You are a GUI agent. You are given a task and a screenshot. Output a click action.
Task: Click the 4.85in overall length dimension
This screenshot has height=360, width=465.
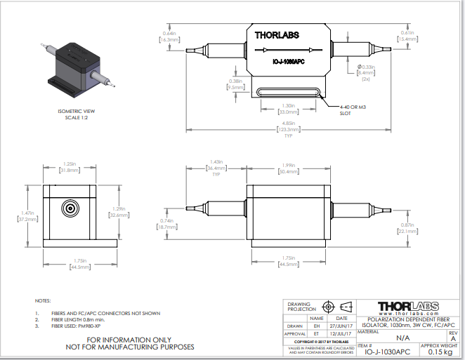click(288, 126)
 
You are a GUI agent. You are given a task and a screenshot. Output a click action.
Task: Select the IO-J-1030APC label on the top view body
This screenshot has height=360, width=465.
click(288, 62)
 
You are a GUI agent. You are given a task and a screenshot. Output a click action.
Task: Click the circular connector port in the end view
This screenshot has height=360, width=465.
click(70, 209)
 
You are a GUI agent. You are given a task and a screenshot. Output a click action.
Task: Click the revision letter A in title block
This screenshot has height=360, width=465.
click(452, 338)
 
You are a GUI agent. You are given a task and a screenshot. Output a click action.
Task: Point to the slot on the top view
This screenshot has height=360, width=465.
click(288, 92)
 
